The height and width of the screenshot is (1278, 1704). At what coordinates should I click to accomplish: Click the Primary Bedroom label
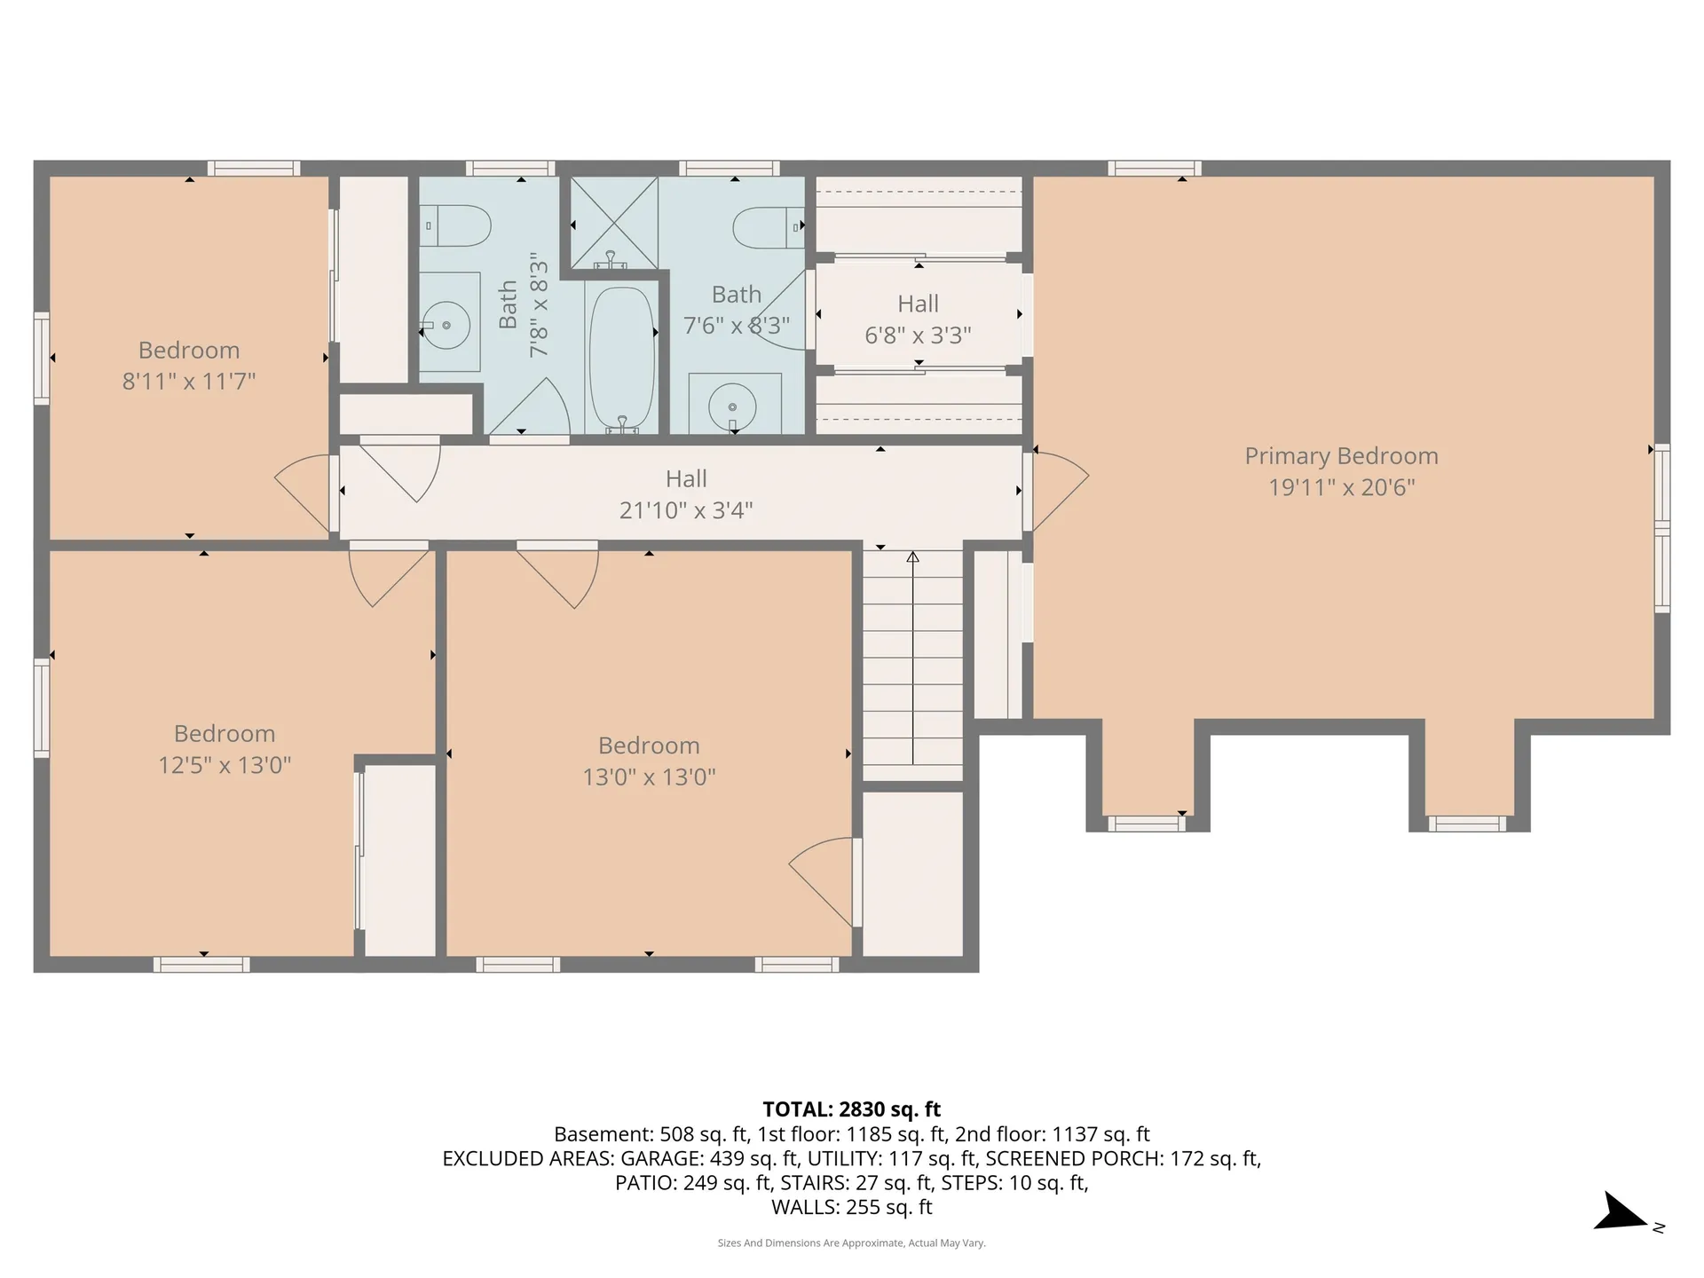click(1341, 456)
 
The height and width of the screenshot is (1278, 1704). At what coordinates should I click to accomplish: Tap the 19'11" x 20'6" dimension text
click(1341, 487)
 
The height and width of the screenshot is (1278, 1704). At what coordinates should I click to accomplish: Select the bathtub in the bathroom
click(622, 359)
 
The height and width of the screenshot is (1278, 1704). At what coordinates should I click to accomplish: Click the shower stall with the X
click(614, 223)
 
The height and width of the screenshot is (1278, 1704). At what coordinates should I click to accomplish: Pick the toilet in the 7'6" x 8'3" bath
click(769, 227)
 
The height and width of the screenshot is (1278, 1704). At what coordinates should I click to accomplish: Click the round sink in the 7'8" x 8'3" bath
click(446, 326)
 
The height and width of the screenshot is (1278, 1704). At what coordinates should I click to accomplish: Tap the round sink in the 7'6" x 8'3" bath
click(732, 406)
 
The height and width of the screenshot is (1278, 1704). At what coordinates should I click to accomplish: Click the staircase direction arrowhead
click(912, 557)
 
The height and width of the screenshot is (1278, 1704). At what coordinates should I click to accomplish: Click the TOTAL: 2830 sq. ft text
click(852, 1109)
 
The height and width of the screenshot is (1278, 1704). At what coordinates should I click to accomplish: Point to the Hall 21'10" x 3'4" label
click(686, 494)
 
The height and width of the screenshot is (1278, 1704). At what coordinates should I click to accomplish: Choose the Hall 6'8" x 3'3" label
click(918, 319)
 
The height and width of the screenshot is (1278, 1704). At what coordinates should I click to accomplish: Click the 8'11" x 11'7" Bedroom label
click(189, 366)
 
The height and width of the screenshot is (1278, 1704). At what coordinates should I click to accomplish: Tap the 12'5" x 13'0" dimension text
click(225, 765)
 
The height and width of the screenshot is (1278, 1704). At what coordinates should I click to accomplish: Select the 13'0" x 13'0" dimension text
click(649, 777)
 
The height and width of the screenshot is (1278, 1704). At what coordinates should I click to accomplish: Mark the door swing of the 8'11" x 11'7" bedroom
click(303, 495)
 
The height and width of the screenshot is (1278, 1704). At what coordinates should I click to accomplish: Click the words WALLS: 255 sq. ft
click(852, 1207)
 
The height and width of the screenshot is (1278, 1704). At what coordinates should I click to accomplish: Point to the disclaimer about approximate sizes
click(852, 1243)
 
